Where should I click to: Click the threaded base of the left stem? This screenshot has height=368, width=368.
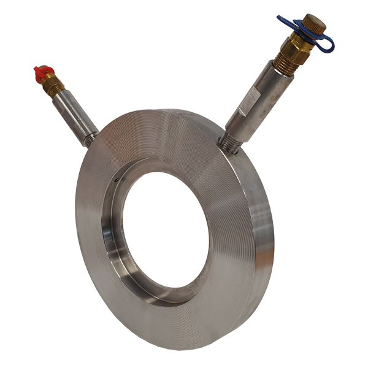(90, 139)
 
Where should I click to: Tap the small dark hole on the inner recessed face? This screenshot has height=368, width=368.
(117, 180)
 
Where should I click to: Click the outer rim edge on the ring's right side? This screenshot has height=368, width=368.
(264, 233)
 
